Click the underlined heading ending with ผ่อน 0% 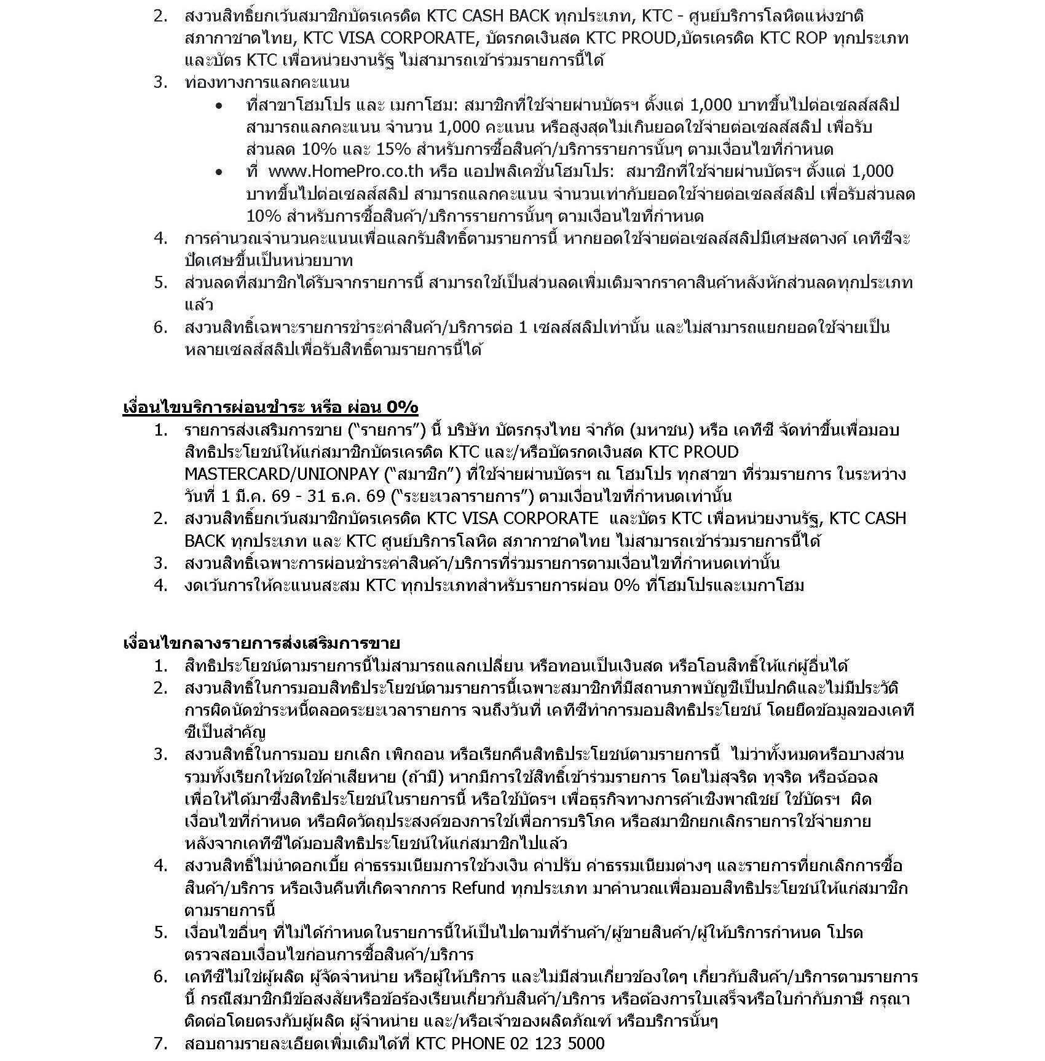pos(270,407)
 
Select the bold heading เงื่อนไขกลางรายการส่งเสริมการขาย pos(261,643)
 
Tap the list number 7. pos(160,1043)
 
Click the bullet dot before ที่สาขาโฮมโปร pos(219,106)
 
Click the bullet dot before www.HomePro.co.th pos(219,173)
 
